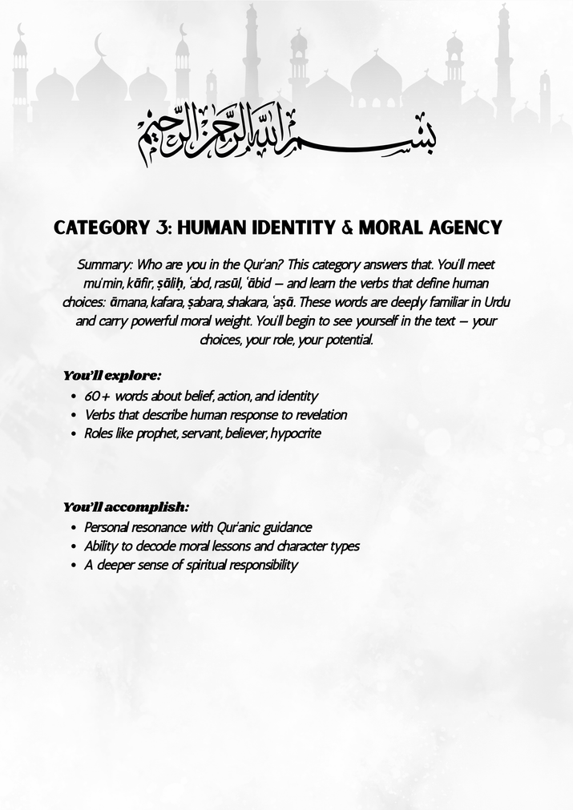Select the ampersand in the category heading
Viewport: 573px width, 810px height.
coord(346,228)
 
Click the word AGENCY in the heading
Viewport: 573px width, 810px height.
coord(466,228)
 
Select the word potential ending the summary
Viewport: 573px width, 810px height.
coord(348,340)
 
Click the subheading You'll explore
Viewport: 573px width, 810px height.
coord(112,375)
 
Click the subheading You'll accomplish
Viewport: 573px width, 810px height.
coord(126,506)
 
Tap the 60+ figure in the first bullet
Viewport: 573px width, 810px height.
coord(98,396)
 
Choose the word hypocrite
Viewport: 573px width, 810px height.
coord(296,434)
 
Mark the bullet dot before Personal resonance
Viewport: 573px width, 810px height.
coord(74,528)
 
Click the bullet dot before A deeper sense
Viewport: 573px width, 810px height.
coord(74,566)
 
